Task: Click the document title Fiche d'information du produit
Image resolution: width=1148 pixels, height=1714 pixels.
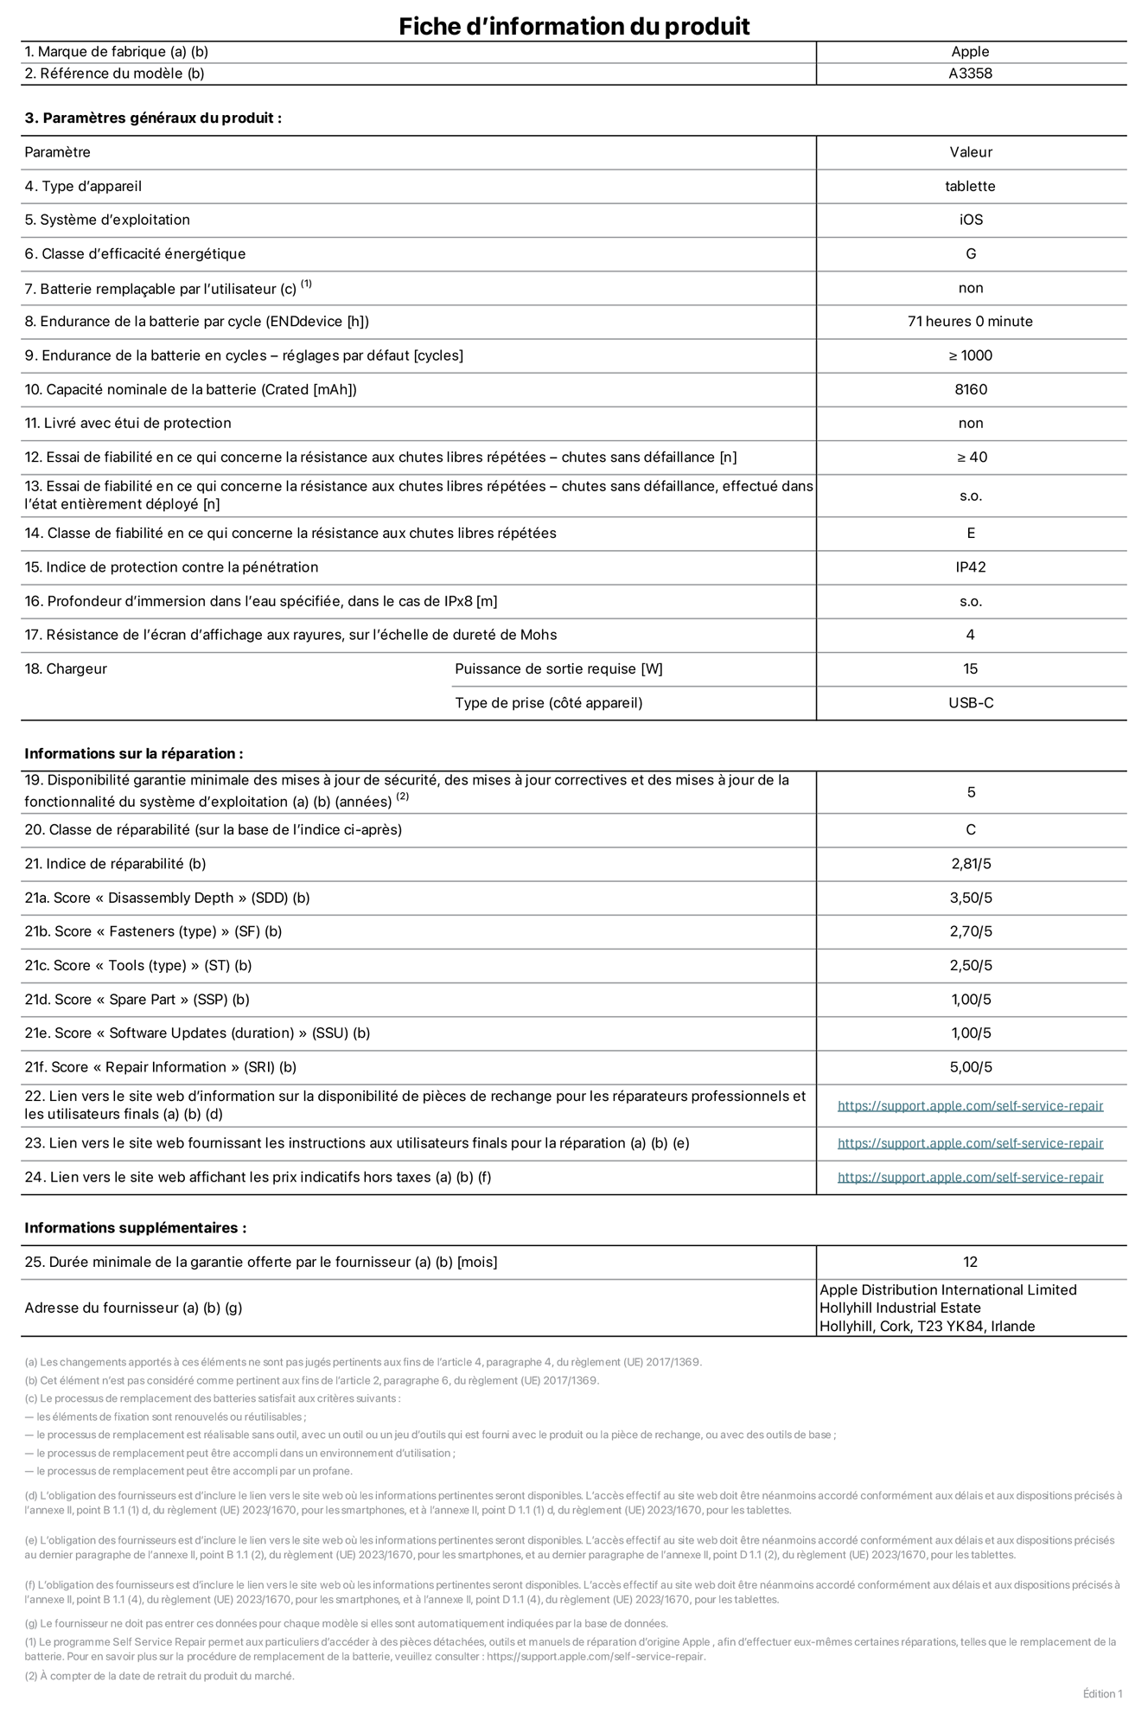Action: pos(574,26)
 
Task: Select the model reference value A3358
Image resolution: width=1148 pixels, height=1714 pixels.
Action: pos(970,74)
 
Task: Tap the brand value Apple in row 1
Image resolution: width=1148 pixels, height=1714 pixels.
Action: pos(970,52)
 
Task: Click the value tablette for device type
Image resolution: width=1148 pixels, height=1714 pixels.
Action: pos(970,186)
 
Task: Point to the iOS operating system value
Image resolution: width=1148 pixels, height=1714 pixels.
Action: pos(970,220)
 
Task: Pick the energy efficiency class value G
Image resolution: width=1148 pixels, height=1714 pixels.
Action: pos(970,253)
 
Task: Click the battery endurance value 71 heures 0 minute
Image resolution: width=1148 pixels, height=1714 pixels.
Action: pos(970,321)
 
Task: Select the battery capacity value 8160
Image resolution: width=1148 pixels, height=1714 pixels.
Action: pos(970,389)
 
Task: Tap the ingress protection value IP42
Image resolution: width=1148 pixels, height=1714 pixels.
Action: pos(970,567)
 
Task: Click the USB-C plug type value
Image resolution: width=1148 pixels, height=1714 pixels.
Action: pos(970,702)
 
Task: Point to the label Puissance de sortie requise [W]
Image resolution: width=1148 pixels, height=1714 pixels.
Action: pos(558,668)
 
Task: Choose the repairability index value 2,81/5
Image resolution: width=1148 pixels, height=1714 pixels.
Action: pos(970,863)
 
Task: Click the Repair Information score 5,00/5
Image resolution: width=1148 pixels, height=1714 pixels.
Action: pos(970,1067)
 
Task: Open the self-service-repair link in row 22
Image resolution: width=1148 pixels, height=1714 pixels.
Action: pos(970,1105)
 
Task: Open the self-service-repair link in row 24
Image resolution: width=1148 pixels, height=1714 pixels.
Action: pos(970,1177)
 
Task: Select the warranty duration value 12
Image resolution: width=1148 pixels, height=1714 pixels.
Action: pos(970,1262)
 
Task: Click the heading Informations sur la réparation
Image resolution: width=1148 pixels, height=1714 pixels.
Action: pos(133,753)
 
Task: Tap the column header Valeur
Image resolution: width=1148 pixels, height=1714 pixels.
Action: pos(970,152)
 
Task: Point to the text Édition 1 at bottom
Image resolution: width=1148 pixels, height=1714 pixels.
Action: pos(1102,1693)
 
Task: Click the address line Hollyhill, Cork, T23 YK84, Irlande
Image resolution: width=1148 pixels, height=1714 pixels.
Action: pos(927,1326)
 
